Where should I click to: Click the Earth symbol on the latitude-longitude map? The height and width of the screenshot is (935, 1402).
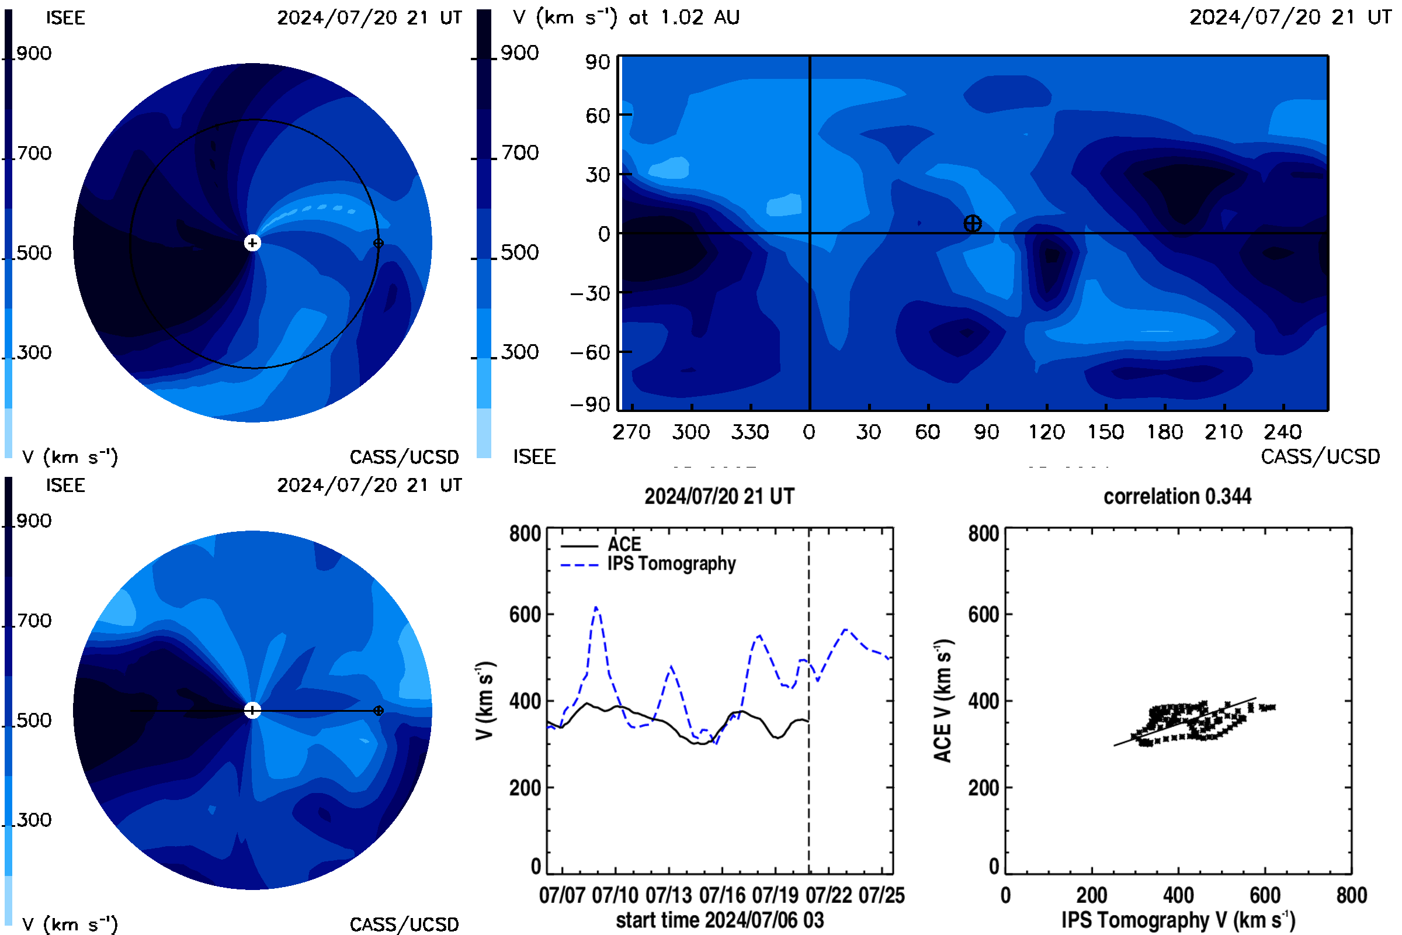(972, 224)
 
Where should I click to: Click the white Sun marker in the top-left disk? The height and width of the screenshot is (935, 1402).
(252, 243)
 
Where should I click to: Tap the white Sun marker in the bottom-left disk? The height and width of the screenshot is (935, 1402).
(252, 710)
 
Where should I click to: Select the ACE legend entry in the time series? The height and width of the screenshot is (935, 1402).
(601, 545)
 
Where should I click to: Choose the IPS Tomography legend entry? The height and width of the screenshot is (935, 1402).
(648, 564)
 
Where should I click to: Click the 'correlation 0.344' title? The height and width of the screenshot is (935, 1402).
(1177, 496)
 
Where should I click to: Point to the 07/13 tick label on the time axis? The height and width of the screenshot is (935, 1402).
(668, 895)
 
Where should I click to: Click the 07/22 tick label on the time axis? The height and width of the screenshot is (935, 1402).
(828, 895)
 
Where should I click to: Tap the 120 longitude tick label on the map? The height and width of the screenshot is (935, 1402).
(1046, 432)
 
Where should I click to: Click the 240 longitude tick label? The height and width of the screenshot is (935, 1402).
(1283, 432)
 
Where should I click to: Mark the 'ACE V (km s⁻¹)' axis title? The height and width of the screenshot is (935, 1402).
(943, 701)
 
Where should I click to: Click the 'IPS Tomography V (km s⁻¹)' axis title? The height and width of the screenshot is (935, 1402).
(1178, 920)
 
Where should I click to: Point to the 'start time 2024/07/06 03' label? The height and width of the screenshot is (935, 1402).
(720, 920)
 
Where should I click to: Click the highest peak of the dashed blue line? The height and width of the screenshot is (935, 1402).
(596, 607)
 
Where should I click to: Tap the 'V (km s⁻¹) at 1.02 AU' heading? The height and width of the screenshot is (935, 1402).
(626, 17)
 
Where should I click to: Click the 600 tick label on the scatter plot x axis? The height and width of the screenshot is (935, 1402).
(1265, 895)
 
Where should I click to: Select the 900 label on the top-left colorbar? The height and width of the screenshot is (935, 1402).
(34, 53)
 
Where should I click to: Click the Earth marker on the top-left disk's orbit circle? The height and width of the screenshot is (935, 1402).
(378, 243)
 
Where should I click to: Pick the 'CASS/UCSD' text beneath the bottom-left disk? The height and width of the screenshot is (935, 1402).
(404, 925)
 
